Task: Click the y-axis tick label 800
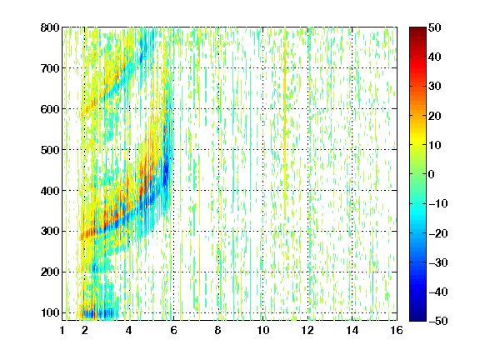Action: point(50,27)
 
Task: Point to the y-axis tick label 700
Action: point(50,68)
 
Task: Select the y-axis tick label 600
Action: point(50,109)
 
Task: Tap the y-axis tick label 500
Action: point(50,150)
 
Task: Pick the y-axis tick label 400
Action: point(50,191)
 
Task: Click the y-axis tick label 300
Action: point(50,232)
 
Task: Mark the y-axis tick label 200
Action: point(50,272)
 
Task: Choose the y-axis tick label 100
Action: point(50,312)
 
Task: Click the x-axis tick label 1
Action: point(62,330)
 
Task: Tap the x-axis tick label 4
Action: point(129,330)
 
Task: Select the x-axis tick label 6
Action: point(173,330)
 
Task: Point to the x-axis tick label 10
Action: point(263,330)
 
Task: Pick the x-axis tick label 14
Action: point(352,330)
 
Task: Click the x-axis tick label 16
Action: point(397,330)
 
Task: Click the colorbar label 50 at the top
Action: point(435,27)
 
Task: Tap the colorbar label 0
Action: point(432,174)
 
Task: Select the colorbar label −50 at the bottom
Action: point(438,321)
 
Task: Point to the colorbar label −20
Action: point(438,233)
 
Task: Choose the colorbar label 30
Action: point(435,87)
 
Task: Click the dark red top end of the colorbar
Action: point(417,29)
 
